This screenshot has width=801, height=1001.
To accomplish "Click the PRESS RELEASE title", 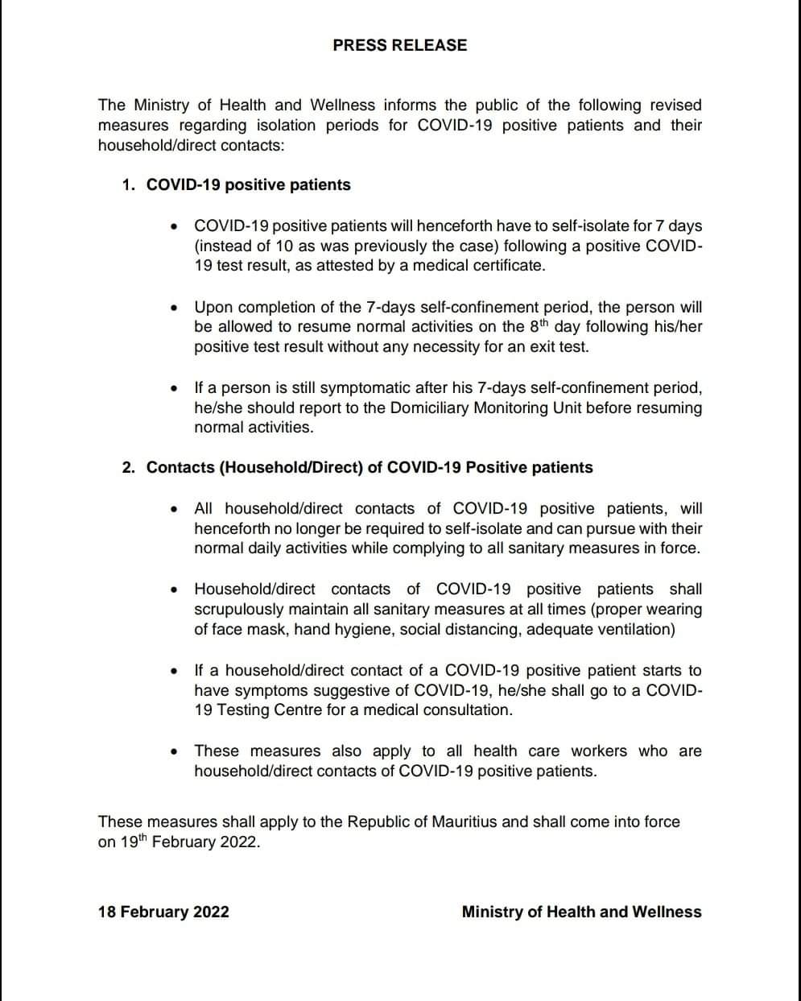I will click(399, 45).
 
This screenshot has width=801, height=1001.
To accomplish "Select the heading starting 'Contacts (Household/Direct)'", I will click(370, 467).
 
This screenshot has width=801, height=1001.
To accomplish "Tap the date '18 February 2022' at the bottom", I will click(163, 912).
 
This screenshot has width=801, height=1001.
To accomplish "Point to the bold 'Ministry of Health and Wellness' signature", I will click(581, 912).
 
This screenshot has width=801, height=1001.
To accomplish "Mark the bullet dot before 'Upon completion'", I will click(174, 307).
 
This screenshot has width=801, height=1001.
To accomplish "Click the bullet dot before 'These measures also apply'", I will click(174, 751).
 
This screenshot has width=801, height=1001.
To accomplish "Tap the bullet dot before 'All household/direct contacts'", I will click(174, 509).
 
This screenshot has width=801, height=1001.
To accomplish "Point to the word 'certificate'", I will click(505, 265).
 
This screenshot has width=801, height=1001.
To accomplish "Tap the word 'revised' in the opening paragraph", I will click(674, 105).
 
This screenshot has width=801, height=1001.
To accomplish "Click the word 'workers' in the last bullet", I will click(598, 751).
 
